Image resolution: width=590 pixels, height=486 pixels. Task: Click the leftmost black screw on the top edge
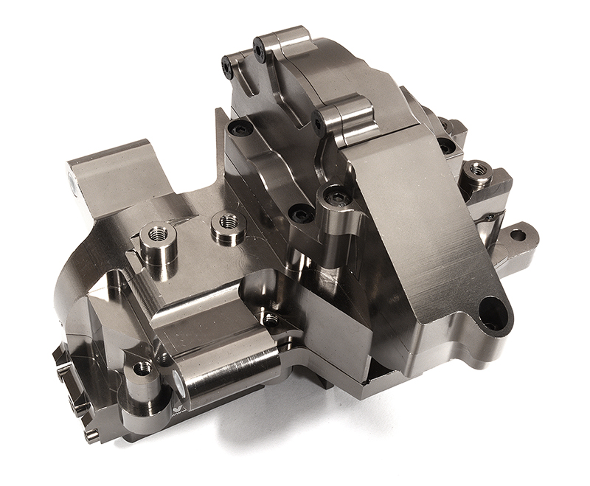(x=226, y=67)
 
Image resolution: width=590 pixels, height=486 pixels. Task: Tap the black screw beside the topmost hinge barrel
(x=259, y=49)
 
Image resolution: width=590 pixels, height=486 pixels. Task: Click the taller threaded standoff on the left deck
(x=156, y=234)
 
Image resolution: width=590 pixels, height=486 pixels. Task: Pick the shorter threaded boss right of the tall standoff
(x=228, y=221)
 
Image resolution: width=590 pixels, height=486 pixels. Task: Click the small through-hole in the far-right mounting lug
(x=517, y=236)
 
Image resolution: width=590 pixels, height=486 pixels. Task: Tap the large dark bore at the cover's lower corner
(x=492, y=313)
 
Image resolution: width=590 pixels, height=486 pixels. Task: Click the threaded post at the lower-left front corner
(x=142, y=367)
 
